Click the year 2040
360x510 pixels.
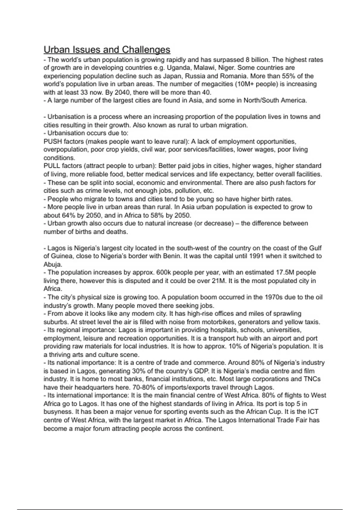point(124,92)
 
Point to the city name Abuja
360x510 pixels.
point(52,265)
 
